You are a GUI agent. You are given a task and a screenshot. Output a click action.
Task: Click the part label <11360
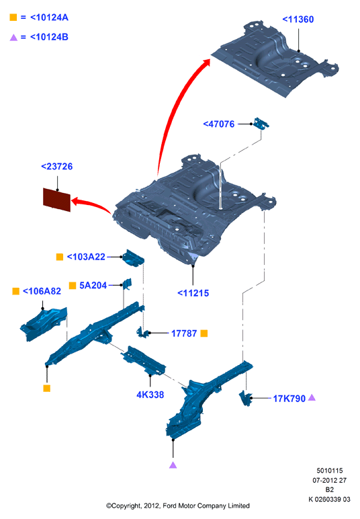[298, 19]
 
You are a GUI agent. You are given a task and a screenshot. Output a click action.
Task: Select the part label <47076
[219, 124]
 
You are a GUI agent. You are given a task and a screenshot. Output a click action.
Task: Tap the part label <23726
[57, 167]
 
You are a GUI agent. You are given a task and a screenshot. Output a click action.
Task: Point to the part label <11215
[193, 293]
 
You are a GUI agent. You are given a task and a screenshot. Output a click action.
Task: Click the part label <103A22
[86, 257]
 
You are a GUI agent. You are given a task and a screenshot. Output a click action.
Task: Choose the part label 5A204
[93, 285]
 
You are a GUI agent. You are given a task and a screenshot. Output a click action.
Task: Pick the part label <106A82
[42, 291]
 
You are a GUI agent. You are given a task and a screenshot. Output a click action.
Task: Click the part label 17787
[184, 333]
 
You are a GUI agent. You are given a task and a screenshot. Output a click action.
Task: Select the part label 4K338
[150, 395]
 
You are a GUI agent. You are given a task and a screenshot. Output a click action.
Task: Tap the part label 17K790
[289, 399]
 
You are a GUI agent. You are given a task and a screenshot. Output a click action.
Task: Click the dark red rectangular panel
[57, 200]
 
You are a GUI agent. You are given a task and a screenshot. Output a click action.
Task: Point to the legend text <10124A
[49, 17]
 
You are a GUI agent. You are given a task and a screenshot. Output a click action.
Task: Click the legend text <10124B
[49, 37]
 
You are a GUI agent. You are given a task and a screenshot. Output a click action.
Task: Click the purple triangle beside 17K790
[312, 397]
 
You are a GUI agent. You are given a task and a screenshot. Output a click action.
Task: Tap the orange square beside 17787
[204, 333]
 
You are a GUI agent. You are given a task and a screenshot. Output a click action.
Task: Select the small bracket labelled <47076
[261, 123]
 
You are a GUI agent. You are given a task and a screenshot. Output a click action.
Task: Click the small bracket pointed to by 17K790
[246, 398]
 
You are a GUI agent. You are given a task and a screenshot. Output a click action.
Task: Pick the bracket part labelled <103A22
[133, 258]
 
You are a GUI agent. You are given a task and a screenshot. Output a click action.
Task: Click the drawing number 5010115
[330, 471]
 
